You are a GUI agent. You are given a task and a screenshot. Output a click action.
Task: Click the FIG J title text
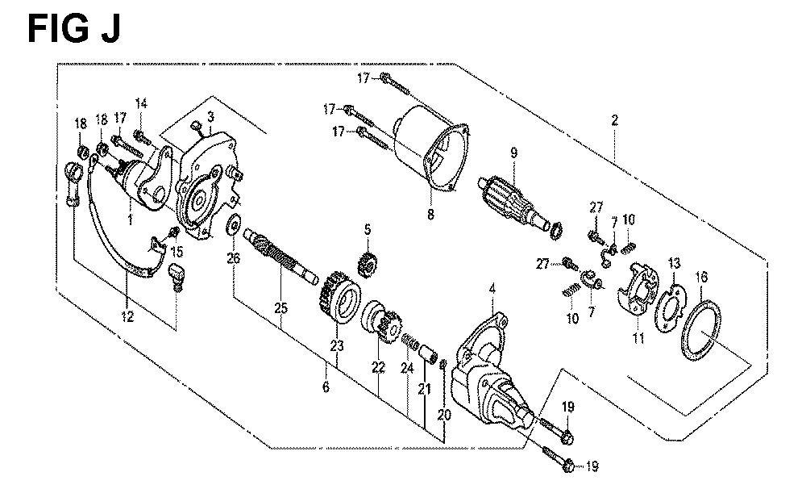point(73,29)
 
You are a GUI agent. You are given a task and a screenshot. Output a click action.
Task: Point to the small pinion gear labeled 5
point(367,262)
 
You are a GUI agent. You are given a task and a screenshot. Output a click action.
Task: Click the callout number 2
point(615,120)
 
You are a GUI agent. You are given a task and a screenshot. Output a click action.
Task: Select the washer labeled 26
point(234,224)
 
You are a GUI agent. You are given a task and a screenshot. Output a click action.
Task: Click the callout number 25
point(280,309)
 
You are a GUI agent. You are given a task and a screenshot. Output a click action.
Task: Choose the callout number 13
point(674,264)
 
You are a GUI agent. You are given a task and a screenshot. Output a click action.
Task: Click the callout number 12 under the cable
point(127,317)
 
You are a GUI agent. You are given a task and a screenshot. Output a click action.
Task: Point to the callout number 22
point(378,370)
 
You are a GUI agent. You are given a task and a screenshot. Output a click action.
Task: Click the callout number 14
point(141,103)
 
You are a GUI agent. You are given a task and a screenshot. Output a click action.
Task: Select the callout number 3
point(210,117)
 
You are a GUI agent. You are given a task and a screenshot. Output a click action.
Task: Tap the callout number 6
point(326,387)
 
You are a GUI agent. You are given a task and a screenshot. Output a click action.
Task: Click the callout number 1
point(130,219)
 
